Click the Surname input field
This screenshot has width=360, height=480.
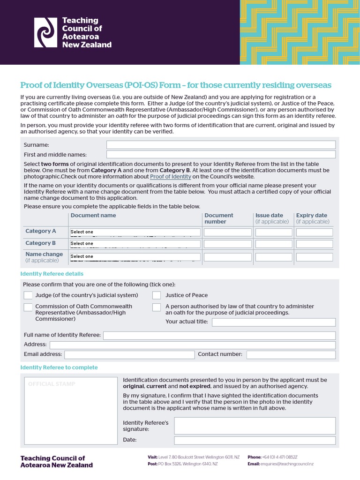click(221, 145)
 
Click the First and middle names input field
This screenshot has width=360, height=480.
click(221, 155)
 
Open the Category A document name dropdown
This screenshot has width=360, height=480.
click(135, 232)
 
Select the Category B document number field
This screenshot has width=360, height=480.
click(227, 244)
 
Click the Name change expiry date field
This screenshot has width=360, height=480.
click(315, 257)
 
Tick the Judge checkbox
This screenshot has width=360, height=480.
click(28, 295)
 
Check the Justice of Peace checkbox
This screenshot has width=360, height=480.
click(157, 295)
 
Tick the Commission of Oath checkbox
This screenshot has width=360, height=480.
click(28, 307)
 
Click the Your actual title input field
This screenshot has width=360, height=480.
click(274, 322)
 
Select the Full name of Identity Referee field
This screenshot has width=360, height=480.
click(219, 335)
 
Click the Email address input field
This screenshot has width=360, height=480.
click(129, 354)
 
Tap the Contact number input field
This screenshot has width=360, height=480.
click(291, 354)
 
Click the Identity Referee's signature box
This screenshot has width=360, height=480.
click(255, 426)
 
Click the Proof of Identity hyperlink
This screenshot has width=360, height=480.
click(170, 177)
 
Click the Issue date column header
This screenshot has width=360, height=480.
click(269, 216)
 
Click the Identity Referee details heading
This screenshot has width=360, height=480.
click(52, 274)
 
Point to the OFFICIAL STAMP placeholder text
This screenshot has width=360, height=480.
click(52, 384)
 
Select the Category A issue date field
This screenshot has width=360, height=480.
click(273, 232)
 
